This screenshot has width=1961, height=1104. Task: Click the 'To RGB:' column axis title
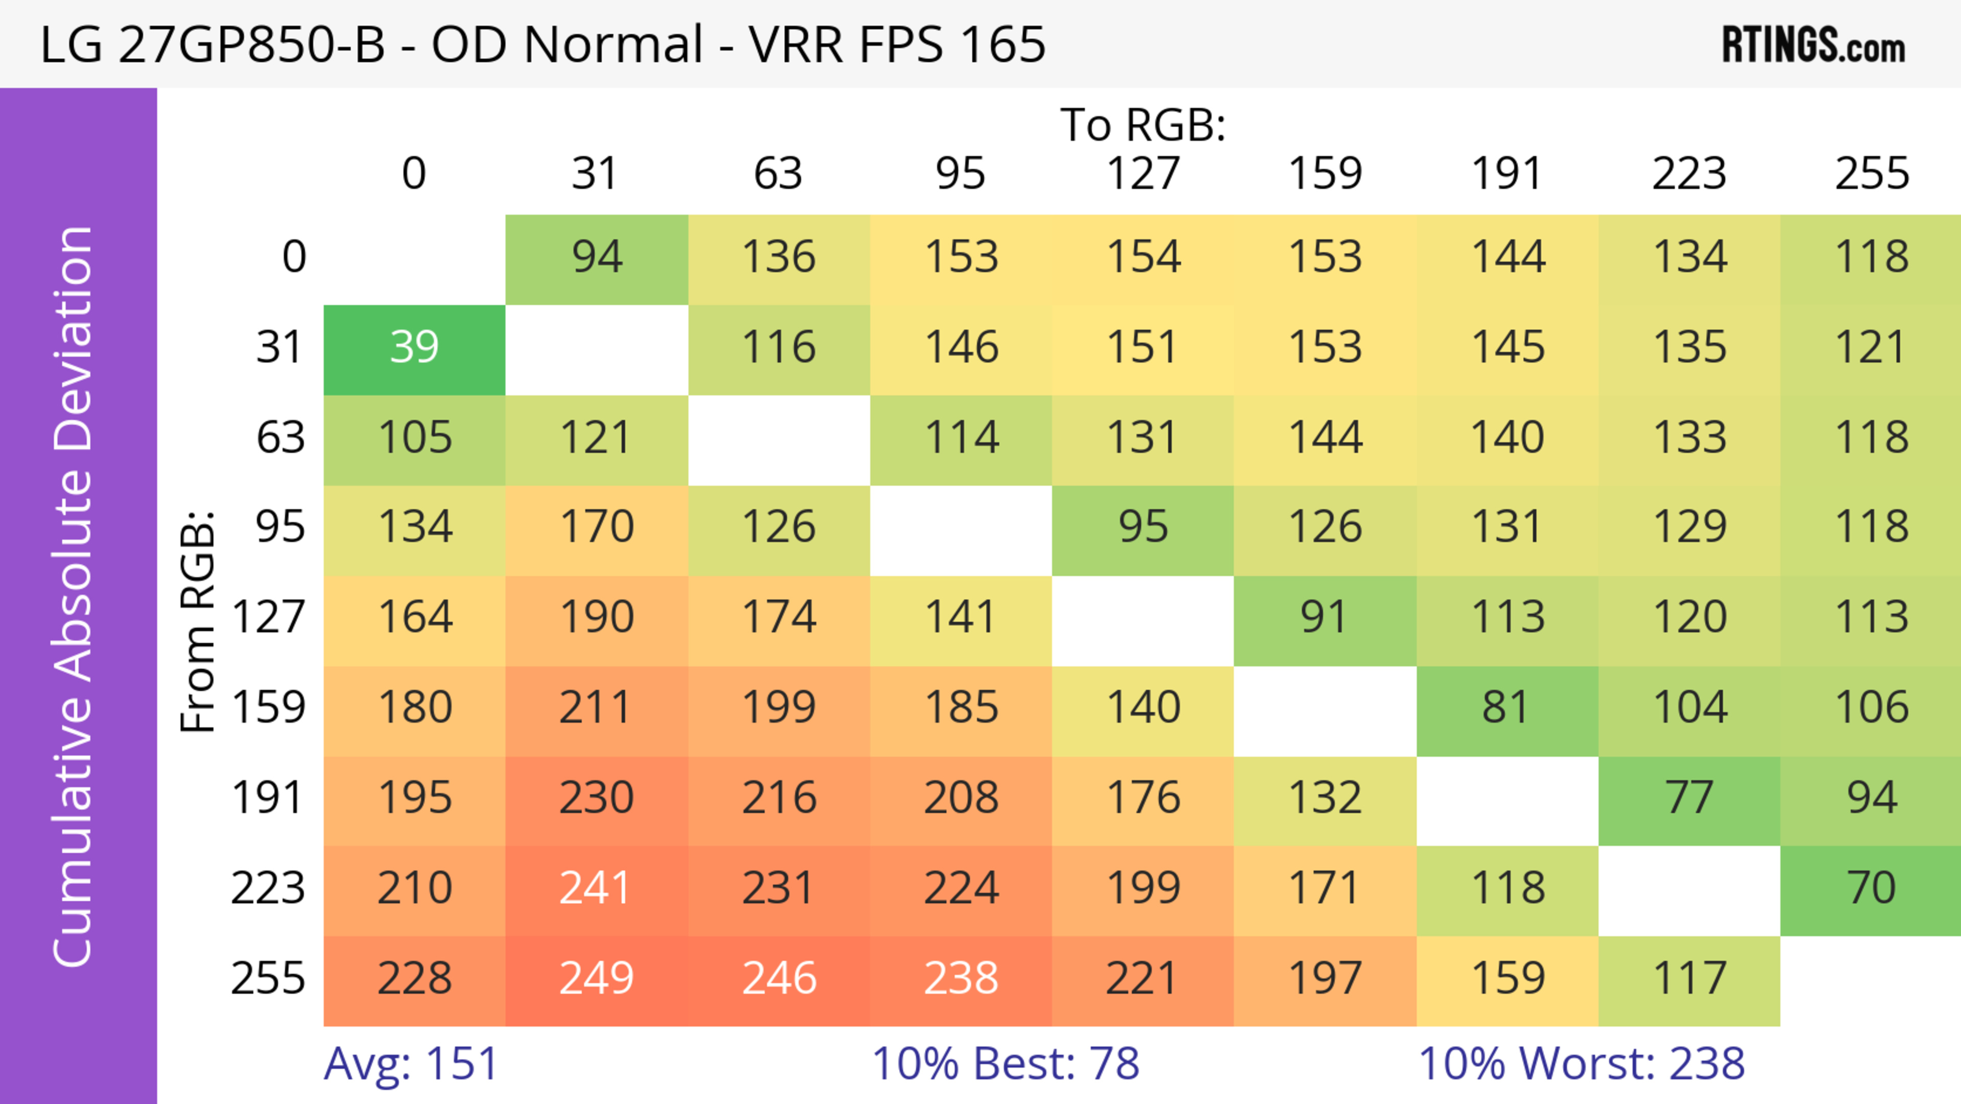point(1143,126)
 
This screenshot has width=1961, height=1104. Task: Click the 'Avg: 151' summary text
point(411,1064)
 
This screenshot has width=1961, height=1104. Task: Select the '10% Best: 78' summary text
point(1005,1064)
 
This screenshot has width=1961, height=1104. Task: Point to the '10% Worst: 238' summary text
point(1581,1064)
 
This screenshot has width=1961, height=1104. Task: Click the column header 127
point(1143,174)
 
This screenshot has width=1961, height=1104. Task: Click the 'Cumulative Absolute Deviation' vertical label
point(74,597)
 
